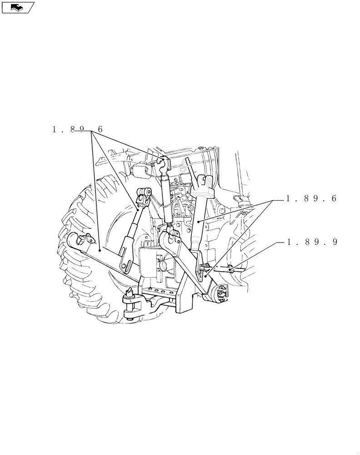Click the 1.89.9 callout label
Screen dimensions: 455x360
(312, 242)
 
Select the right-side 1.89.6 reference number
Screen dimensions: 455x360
(312, 199)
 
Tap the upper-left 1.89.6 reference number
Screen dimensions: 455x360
(78, 130)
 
